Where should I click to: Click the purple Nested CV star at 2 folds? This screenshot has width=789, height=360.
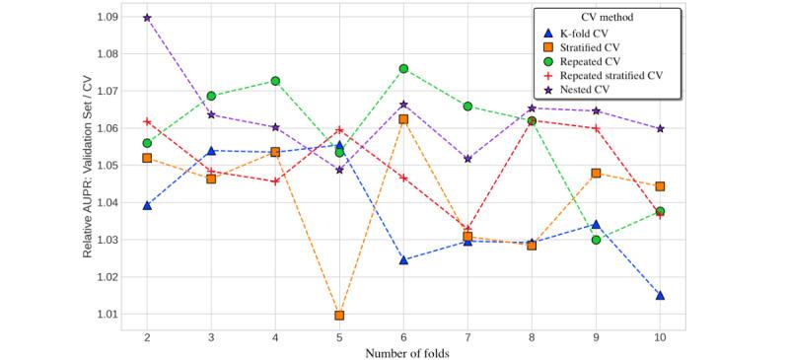tap(147, 18)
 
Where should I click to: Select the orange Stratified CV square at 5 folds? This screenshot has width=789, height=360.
tap(339, 316)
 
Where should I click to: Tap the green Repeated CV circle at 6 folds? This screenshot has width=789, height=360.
tap(403, 68)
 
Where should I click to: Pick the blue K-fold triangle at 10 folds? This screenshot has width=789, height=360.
tap(660, 295)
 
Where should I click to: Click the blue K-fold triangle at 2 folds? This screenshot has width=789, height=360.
tap(147, 205)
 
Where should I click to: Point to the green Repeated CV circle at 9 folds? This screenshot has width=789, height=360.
tap(596, 240)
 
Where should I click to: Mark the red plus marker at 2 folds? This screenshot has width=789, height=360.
tap(147, 121)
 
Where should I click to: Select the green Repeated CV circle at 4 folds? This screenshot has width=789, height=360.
tap(275, 81)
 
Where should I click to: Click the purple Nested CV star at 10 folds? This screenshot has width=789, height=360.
tap(660, 128)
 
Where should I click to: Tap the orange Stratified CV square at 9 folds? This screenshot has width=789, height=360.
tap(596, 173)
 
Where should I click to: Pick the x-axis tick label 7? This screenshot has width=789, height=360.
tap(467, 338)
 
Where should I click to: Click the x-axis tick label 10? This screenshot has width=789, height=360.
tap(660, 338)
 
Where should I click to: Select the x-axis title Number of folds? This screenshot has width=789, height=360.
tap(403, 352)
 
